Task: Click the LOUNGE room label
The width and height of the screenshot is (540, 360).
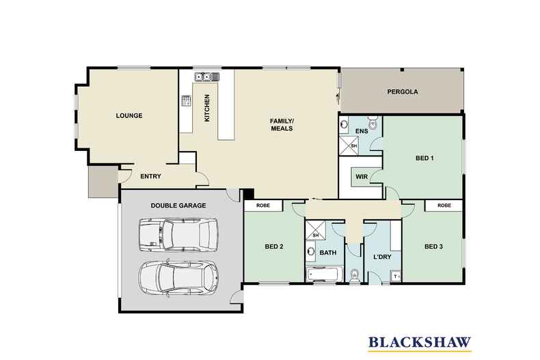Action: click(129, 115)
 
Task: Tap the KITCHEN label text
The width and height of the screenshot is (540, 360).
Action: click(207, 108)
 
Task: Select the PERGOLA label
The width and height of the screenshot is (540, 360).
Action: click(403, 92)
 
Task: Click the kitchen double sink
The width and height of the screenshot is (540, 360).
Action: click(207, 77)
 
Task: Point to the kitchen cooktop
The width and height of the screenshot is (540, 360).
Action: click(187, 100)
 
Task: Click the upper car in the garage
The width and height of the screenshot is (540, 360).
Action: click(178, 235)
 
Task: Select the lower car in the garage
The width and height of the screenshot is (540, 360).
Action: click(178, 277)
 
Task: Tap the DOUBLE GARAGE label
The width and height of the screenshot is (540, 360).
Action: click(178, 206)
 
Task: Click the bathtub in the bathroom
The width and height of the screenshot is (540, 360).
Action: click(324, 275)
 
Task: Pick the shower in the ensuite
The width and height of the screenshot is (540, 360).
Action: click(349, 146)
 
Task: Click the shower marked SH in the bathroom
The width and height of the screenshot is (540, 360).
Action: click(316, 230)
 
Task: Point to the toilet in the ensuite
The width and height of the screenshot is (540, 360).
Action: click(373, 122)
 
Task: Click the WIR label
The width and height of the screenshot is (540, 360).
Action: click(362, 177)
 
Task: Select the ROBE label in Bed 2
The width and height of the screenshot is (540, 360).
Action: click(263, 206)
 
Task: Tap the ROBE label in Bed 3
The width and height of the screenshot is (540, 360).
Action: click(444, 206)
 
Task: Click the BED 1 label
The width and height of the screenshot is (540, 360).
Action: click(424, 158)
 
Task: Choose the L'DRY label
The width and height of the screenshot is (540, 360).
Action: click(382, 257)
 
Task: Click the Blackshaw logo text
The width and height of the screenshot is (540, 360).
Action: click(420, 342)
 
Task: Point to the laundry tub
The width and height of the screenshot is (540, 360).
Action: click(395, 276)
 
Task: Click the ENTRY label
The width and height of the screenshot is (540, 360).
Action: click(150, 176)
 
